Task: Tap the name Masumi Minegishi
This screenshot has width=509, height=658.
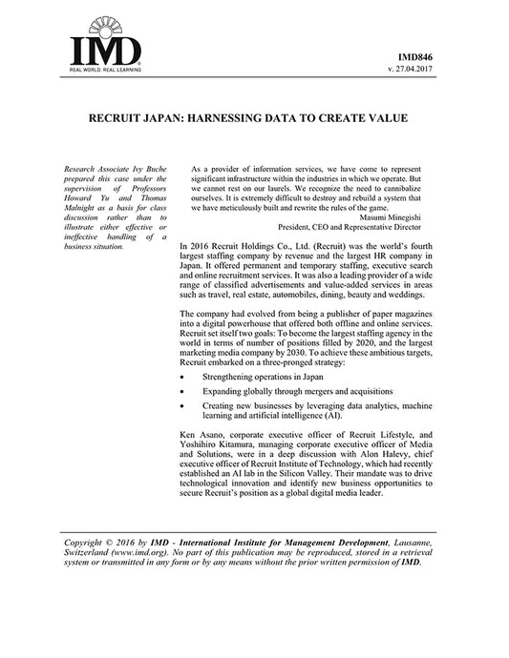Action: point(389,217)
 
